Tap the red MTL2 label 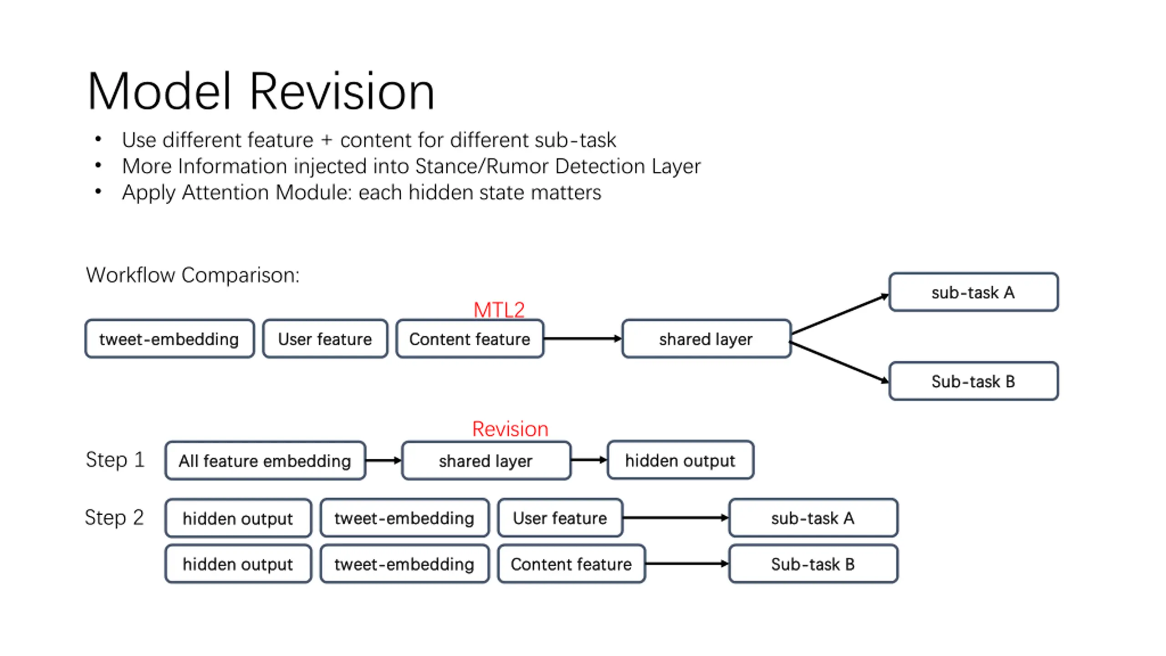(499, 310)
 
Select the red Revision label (510, 429)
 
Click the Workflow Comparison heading (193, 275)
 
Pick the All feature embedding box (265, 461)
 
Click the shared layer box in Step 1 (486, 461)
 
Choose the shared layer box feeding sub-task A (706, 339)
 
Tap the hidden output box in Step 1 (680, 460)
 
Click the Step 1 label (115, 460)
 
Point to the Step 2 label (114, 518)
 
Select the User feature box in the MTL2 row (325, 339)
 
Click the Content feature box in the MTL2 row (470, 339)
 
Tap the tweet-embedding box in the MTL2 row (169, 339)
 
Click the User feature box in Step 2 (560, 518)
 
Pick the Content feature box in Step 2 (571, 564)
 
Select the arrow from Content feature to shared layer (583, 338)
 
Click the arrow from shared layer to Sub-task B (839, 362)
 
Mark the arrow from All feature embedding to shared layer (384, 461)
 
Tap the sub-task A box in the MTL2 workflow (973, 292)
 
